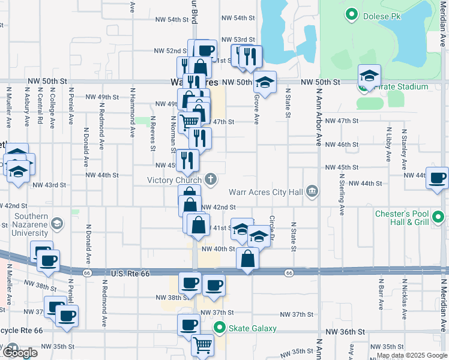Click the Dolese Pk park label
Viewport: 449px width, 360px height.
click(x=382, y=16)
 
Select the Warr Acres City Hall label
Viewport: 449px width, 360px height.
click(x=266, y=193)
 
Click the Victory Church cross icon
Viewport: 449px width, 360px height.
click(x=211, y=179)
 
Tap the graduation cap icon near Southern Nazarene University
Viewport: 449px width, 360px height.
click(x=57, y=224)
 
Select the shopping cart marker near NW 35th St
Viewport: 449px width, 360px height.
click(x=203, y=345)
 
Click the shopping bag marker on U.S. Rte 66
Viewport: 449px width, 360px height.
click(x=247, y=259)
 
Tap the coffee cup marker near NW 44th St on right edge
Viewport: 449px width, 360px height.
click(x=438, y=178)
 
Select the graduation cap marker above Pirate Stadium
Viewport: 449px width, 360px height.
click(x=370, y=76)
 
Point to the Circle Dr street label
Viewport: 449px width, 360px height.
click(x=273, y=227)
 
